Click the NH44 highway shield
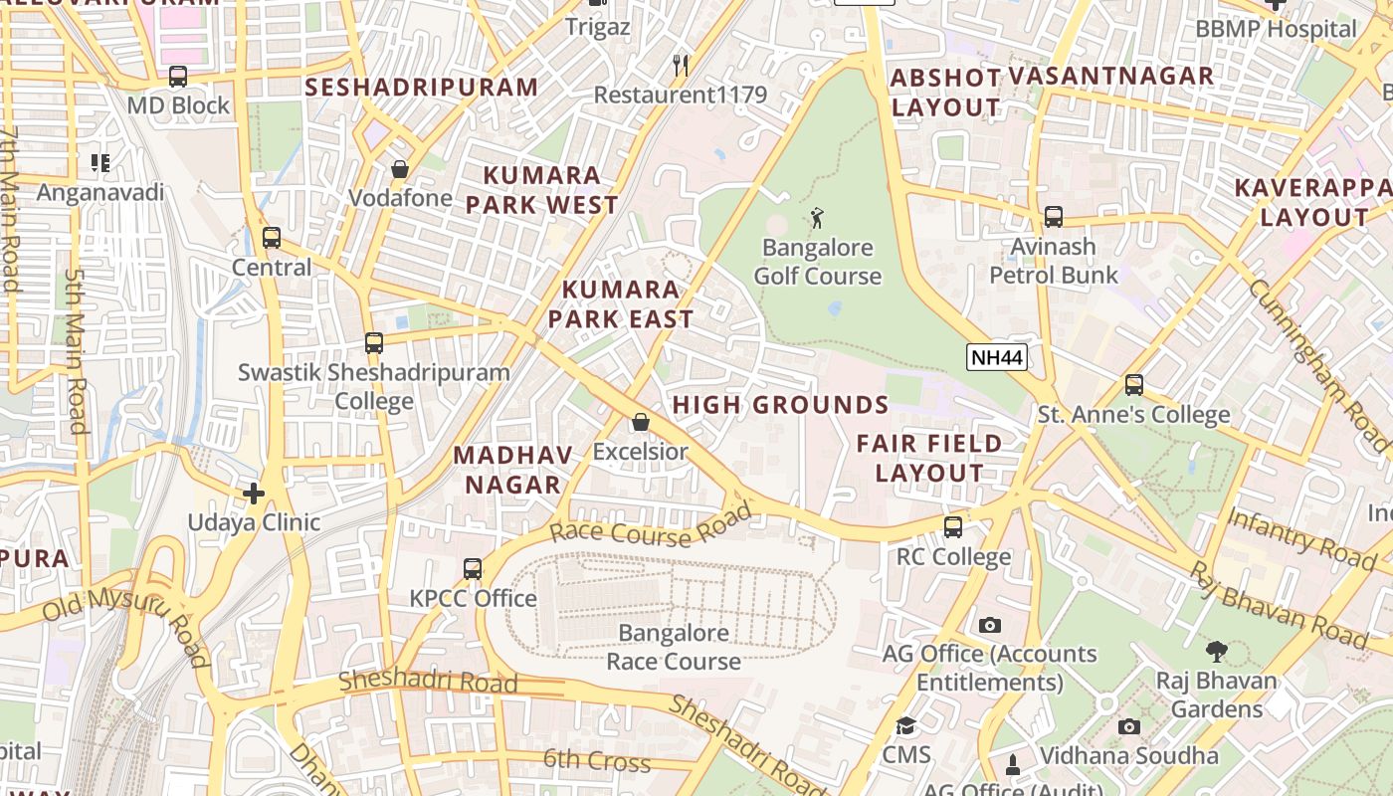click(x=996, y=358)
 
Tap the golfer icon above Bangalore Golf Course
click(x=817, y=217)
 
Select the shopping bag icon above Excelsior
click(x=641, y=423)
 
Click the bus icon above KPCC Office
click(x=473, y=569)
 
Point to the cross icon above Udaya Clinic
click(x=254, y=493)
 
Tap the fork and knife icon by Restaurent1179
click(x=681, y=66)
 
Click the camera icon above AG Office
click(x=989, y=625)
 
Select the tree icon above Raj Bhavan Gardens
click(x=1216, y=652)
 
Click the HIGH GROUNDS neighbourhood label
click(x=780, y=405)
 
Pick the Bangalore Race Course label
click(x=674, y=647)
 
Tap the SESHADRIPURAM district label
click(x=422, y=88)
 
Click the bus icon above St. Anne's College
click(x=1133, y=385)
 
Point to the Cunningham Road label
click(x=1318, y=352)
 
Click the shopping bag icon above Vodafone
click(x=400, y=169)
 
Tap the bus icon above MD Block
click(x=178, y=77)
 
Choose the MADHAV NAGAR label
click(x=512, y=470)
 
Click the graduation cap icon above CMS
click(x=905, y=726)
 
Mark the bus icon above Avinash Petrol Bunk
click(x=1053, y=217)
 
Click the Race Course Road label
click(x=651, y=528)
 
